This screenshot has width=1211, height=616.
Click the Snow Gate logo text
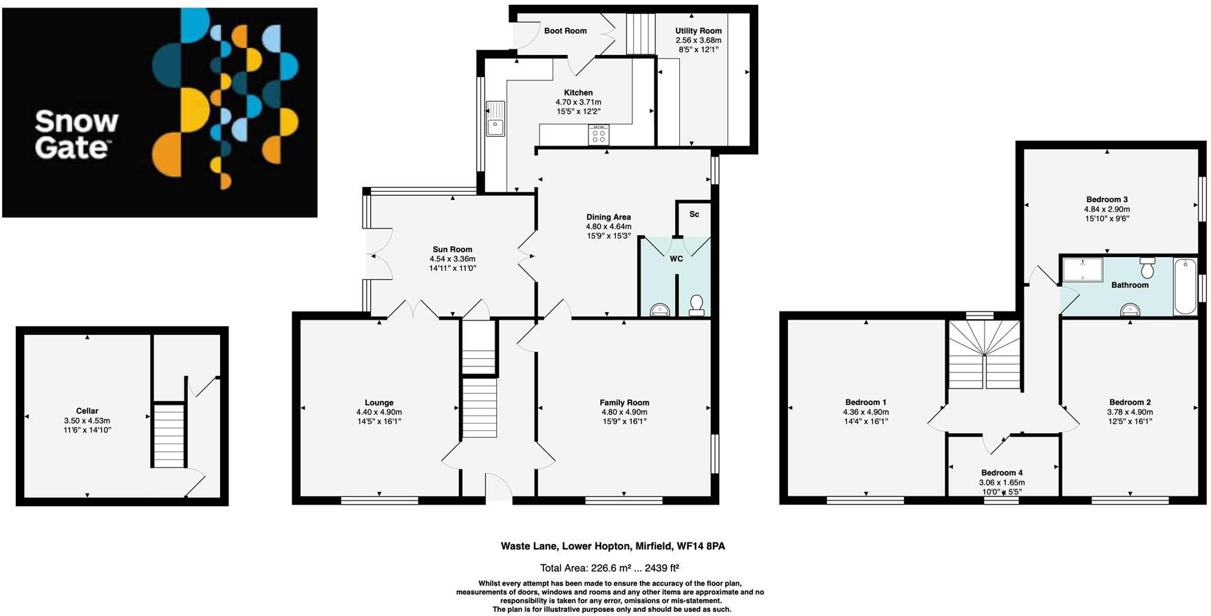(76, 135)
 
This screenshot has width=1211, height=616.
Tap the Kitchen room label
(578, 93)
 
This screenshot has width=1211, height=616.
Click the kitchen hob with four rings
(598, 135)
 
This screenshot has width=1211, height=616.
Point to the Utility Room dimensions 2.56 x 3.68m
(698, 41)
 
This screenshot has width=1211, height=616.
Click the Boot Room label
(565, 31)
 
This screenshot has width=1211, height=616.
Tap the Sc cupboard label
(694, 214)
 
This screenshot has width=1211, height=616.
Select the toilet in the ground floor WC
(696, 305)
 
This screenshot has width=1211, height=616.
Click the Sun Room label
(452, 250)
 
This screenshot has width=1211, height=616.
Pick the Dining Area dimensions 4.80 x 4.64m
(608, 226)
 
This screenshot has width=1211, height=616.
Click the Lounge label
(379, 403)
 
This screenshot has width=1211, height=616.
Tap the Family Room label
(624, 403)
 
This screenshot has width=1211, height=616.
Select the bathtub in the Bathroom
(1185, 286)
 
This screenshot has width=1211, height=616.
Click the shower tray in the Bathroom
(1082, 269)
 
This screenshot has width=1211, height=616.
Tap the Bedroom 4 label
(1001, 473)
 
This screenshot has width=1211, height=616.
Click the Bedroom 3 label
(1106, 200)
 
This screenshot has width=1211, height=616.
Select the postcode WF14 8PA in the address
(700, 547)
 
